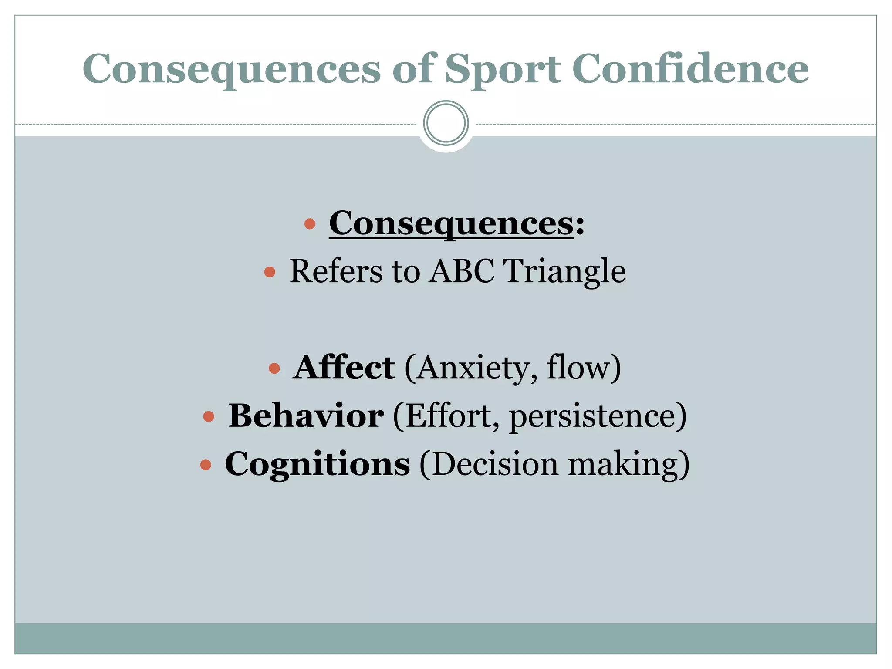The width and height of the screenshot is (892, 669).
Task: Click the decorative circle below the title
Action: coord(446,123)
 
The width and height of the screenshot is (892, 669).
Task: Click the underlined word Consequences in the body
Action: coord(451,223)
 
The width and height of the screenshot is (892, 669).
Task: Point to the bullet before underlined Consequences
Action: coord(310,224)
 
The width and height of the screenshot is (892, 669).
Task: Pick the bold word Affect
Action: coord(344,368)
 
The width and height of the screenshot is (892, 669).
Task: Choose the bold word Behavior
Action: coord(306,416)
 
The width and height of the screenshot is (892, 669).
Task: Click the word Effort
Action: coord(452,416)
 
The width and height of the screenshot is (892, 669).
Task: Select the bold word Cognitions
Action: coord(317,464)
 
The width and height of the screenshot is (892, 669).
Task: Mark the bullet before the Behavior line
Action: coord(209,417)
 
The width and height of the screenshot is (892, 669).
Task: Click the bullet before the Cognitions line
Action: coord(206,465)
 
